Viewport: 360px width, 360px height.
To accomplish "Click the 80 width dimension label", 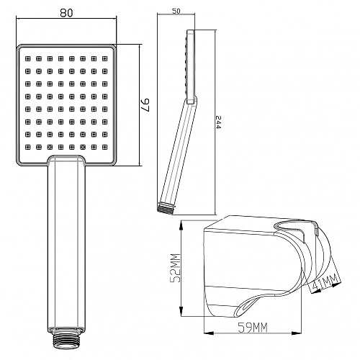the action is (66, 12).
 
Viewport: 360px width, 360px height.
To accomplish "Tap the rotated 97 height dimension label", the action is (145, 105).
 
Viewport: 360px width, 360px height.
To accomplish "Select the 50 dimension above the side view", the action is (176, 11).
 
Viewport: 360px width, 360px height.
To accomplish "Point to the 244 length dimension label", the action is (218, 122).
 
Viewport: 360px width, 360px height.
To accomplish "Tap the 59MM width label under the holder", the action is (253, 327).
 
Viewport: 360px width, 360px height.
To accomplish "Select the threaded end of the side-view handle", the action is (166, 207).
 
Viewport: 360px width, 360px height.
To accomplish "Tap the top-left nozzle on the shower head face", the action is (28, 58).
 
